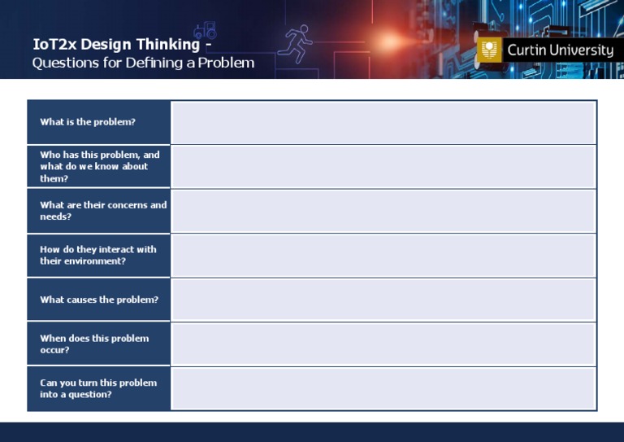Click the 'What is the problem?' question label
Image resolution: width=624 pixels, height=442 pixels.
click(x=88, y=122)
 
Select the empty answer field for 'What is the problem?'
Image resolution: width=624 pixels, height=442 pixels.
click(x=383, y=122)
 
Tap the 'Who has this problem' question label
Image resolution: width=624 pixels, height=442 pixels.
click(x=99, y=166)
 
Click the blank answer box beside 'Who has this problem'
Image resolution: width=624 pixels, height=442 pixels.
click(x=383, y=166)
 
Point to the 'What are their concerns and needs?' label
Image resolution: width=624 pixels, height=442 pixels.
click(x=103, y=211)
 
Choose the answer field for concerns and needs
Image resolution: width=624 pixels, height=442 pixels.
click(x=383, y=211)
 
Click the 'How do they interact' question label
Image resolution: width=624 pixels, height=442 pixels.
click(x=98, y=255)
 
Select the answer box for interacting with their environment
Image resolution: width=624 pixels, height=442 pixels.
click(x=383, y=255)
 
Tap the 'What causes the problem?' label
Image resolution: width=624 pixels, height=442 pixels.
click(x=99, y=300)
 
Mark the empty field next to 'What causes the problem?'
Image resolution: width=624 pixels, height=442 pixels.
click(x=383, y=300)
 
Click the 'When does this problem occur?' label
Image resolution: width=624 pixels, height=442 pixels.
click(x=94, y=344)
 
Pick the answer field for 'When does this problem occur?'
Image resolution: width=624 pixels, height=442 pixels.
click(x=383, y=344)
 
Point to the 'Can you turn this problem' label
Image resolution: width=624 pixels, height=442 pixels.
click(x=98, y=388)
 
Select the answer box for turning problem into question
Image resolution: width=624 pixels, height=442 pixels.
click(x=383, y=388)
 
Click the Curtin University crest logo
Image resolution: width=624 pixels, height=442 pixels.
click(x=489, y=50)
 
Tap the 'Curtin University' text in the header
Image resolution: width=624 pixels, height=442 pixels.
click(x=560, y=50)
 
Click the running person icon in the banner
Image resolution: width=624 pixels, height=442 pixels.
click(x=297, y=43)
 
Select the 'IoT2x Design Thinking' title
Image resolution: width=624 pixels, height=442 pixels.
click(x=116, y=44)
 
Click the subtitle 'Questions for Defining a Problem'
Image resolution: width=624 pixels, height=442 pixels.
click(x=143, y=63)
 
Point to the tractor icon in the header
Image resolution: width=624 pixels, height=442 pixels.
click(x=205, y=30)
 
